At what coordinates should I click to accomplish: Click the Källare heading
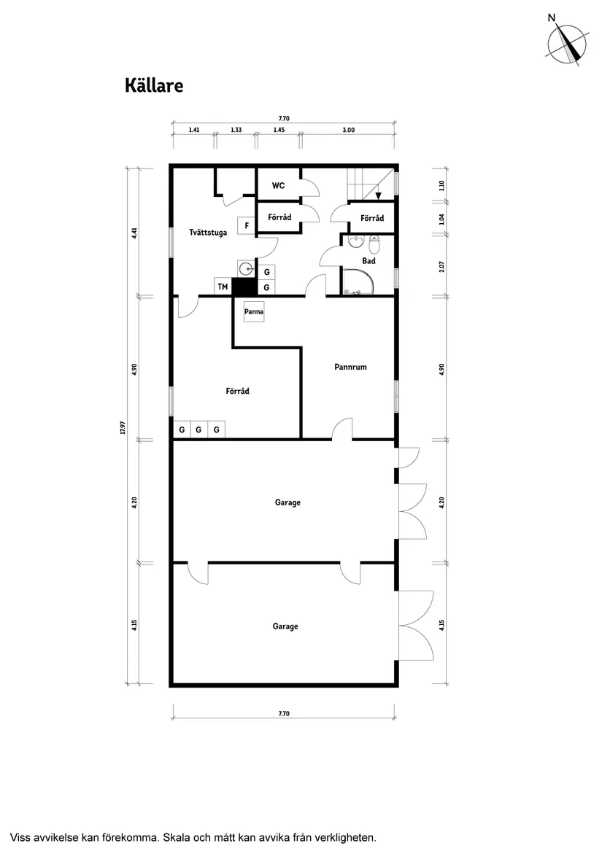click(153, 86)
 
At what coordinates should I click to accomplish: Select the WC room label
click(278, 186)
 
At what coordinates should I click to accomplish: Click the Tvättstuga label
click(208, 233)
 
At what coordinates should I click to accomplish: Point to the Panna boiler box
click(254, 311)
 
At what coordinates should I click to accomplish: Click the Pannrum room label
click(350, 367)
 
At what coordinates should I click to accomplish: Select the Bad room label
click(368, 260)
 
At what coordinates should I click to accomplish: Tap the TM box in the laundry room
click(223, 287)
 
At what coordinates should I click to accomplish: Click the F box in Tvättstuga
click(247, 225)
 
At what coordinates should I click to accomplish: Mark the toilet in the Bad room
click(374, 241)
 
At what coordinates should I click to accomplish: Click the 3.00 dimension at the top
click(349, 130)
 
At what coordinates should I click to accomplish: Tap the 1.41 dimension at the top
click(194, 130)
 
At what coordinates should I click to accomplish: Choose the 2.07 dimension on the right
click(441, 266)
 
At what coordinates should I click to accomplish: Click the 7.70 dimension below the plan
click(284, 713)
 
